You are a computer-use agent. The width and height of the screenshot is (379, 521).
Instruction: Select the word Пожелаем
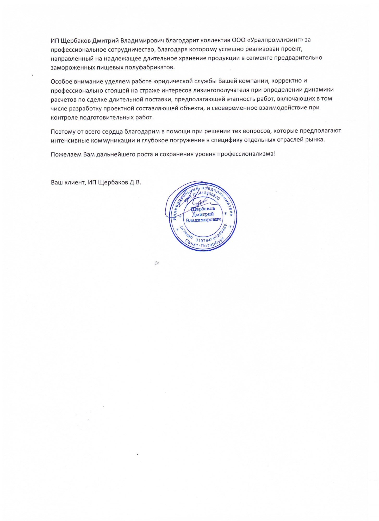coord(66,154)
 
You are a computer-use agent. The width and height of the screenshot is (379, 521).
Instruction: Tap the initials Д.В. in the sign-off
coord(135,182)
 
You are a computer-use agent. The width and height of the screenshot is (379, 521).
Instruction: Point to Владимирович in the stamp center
coord(203,220)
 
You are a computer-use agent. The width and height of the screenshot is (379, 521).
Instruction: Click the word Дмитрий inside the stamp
coord(203,214)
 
